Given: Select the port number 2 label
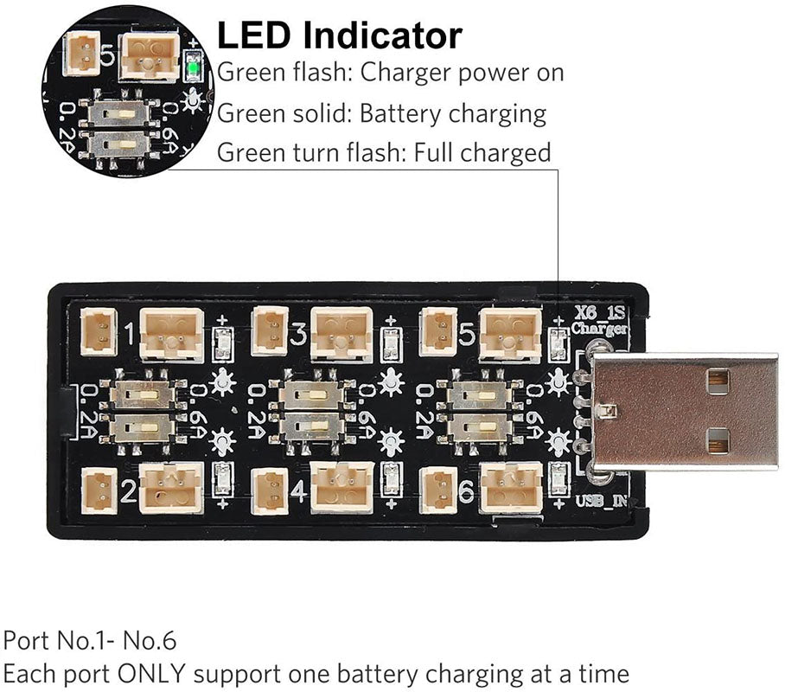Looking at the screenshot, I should [128, 492].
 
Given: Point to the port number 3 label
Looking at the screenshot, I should [298, 333].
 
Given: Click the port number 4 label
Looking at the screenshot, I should [298, 492].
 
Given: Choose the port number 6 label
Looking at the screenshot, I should [466, 492].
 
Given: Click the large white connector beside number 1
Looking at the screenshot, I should [171, 334].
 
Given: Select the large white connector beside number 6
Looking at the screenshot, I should [510, 488].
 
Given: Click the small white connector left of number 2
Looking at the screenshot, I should [98, 490].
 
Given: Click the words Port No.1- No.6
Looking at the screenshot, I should [90, 641].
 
